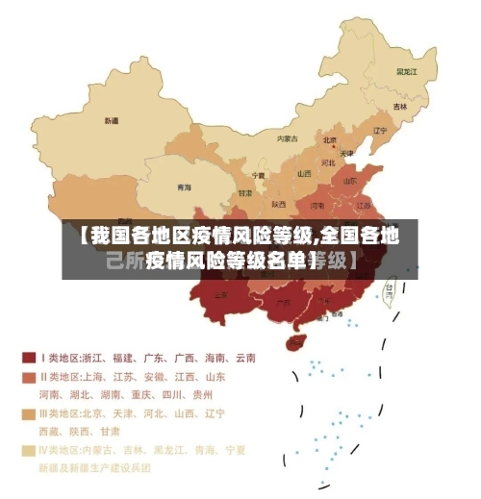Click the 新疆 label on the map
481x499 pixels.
point(112,121)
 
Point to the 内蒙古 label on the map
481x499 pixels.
point(288,138)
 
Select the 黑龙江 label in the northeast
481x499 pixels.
point(408,71)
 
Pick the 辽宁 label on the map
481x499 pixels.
point(380,131)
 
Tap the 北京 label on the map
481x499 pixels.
point(330,139)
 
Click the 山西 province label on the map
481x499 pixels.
point(304,174)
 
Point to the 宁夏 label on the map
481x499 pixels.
point(258,176)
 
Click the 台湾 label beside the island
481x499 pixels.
point(390,287)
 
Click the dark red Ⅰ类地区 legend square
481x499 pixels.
point(29,358)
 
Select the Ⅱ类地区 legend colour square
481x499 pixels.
point(29,377)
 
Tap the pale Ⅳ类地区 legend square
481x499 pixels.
point(29,449)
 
